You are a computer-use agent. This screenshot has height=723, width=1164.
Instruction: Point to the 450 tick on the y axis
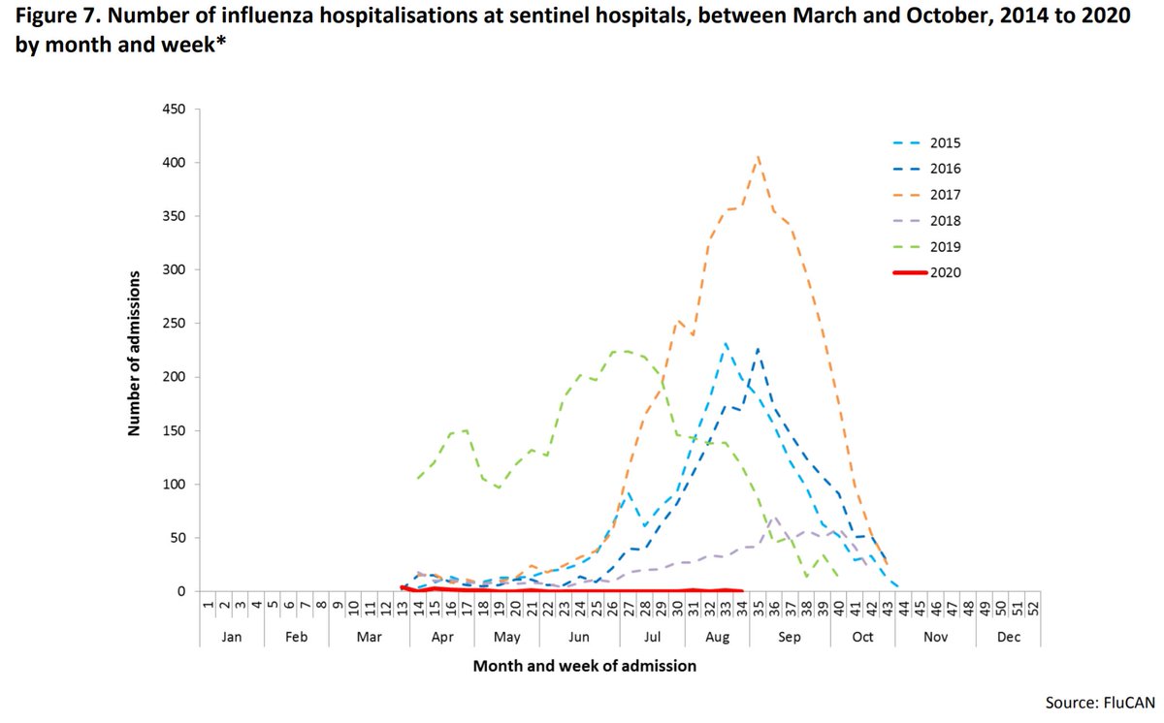[x=174, y=110]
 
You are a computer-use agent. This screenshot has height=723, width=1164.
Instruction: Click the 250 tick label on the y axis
[x=174, y=324]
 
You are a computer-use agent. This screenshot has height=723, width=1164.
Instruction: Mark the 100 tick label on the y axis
[x=174, y=485]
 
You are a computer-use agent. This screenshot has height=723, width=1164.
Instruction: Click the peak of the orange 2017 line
[x=758, y=155]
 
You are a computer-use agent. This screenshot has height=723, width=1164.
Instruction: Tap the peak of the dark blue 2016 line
[x=758, y=349]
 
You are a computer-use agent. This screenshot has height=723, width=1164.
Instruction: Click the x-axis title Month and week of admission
[x=584, y=667]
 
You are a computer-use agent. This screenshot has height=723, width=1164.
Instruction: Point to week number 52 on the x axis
[x=1032, y=608]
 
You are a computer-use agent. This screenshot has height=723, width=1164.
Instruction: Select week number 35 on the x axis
[x=758, y=608]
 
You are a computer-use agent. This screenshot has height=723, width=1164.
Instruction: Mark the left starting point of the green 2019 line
[x=418, y=478]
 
